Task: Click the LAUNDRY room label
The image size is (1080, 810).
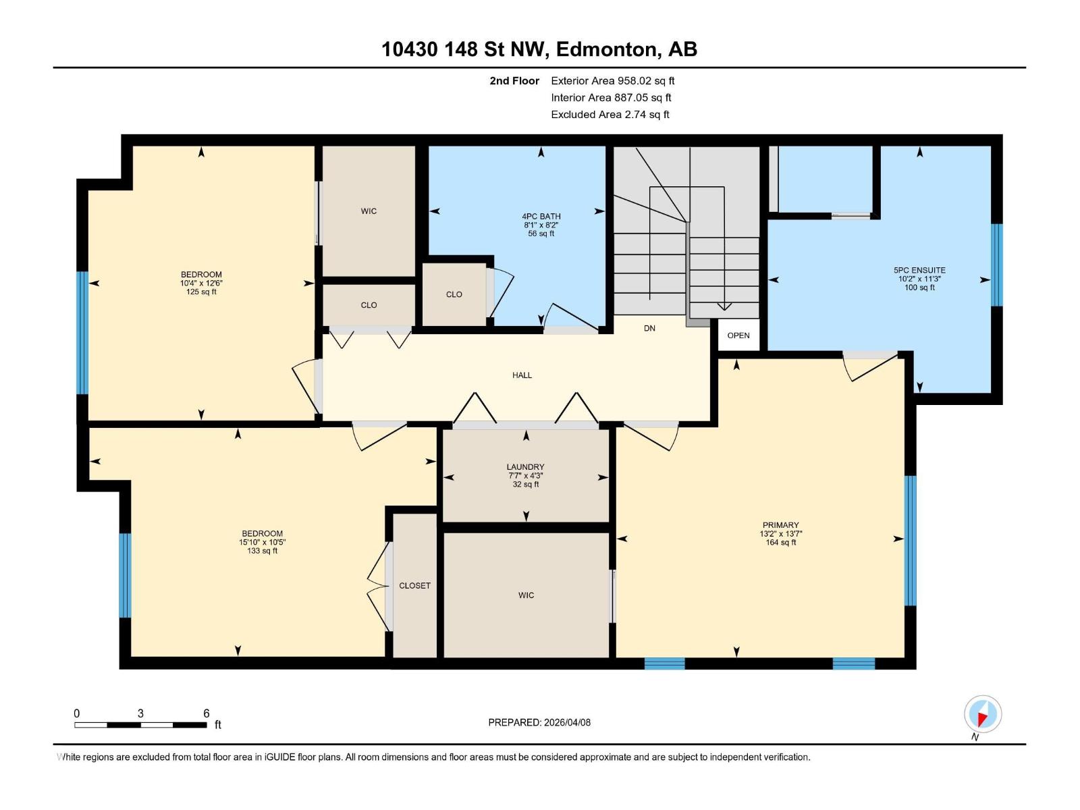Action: tap(525, 467)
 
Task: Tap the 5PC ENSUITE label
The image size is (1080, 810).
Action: tap(919, 270)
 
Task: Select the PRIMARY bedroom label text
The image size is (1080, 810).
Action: tap(780, 525)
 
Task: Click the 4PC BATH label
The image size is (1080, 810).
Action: tap(541, 217)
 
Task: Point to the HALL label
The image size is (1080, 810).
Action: tap(522, 375)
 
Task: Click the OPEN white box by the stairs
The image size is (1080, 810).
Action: tap(738, 335)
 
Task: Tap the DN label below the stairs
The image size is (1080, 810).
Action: tap(649, 329)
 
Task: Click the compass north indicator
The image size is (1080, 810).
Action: tap(982, 714)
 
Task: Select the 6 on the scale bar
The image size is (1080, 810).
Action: tap(207, 713)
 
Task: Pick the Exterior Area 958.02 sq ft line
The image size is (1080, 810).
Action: tap(612, 81)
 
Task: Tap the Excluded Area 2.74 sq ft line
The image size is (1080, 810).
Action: tap(610, 115)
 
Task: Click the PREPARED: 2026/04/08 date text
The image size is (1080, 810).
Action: tap(539, 722)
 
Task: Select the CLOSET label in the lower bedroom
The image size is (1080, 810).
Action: tap(414, 586)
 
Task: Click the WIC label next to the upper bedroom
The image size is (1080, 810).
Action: tap(369, 211)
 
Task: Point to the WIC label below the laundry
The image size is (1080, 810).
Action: tap(526, 595)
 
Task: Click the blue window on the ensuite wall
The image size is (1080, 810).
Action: tap(996, 265)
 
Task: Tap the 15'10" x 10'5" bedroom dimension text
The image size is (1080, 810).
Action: tap(262, 542)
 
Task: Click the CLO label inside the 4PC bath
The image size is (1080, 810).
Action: tap(454, 294)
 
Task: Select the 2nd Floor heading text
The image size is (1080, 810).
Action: tap(514, 81)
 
